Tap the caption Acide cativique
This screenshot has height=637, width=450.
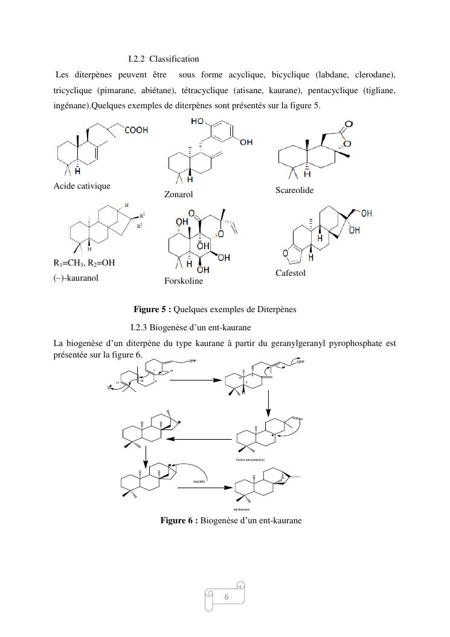click(82, 186)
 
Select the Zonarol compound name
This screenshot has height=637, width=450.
click(178, 195)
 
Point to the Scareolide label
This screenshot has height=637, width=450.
click(295, 190)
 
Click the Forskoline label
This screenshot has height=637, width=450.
click(184, 281)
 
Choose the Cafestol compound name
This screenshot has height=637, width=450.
click(291, 273)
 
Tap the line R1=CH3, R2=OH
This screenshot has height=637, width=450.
click(84, 263)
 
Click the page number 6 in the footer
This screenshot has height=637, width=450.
click(227, 596)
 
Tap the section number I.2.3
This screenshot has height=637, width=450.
click(138, 328)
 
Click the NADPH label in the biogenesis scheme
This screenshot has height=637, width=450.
click(200, 482)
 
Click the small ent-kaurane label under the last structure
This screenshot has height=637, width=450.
click(242, 510)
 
